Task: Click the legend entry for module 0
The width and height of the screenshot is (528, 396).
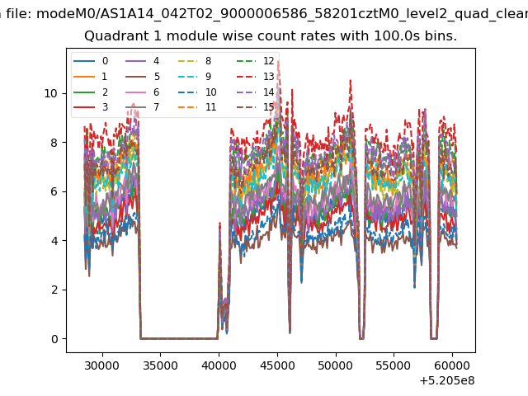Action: (x=91, y=61)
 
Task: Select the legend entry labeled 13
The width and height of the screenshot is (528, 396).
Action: (x=256, y=77)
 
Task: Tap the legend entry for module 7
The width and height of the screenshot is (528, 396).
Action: (x=142, y=107)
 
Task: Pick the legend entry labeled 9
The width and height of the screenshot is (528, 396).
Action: (x=195, y=77)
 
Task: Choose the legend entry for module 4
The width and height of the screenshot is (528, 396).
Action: (x=142, y=61)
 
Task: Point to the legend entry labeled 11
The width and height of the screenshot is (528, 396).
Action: (x=197, y=107)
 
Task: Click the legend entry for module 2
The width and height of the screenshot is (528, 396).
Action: (x=91, y=92)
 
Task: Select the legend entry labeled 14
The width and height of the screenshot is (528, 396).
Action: (x=256, y=92)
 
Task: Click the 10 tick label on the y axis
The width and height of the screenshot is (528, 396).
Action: (x=51, y=93)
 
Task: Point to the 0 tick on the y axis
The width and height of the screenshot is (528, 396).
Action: (x=54, y=339)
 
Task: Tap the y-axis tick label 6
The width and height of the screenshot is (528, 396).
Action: (x=54, y=191)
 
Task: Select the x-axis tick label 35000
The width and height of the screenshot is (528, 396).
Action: (x=160, y=365)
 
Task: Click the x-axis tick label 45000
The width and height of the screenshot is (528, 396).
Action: (x=277, y=365)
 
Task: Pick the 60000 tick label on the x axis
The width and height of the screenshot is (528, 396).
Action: (x=453, y=365)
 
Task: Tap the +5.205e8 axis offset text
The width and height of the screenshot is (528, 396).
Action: (x=447, y=381)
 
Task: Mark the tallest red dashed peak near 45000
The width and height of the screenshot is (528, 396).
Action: (x=278, y=62)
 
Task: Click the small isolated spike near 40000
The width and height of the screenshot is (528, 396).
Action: (x=220, y=223)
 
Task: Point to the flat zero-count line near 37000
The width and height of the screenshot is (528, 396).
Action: (x=179, y=338)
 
